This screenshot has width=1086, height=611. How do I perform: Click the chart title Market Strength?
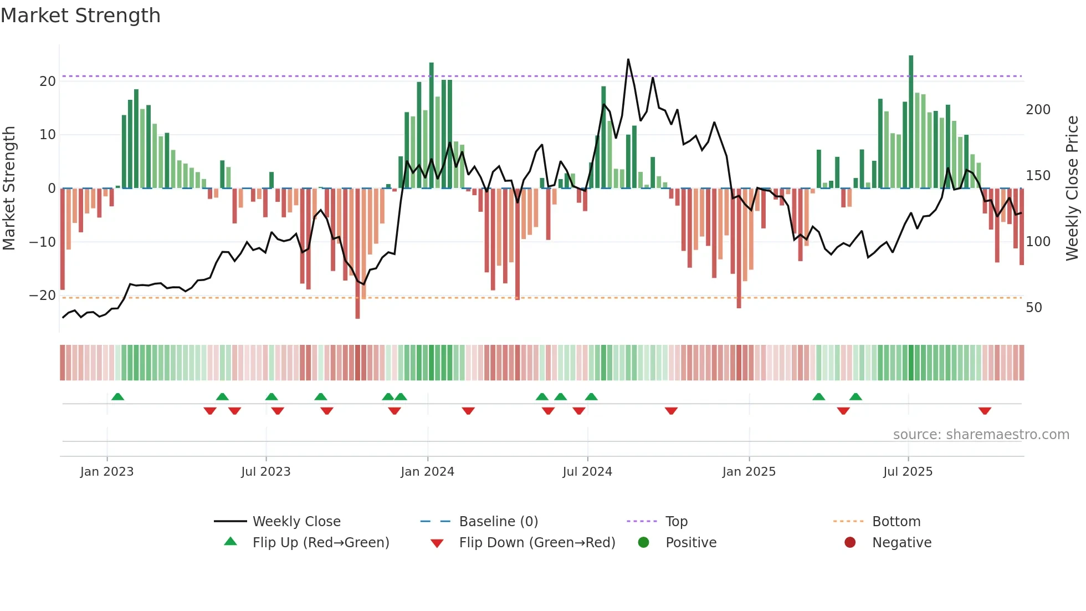click(x=80, y=16)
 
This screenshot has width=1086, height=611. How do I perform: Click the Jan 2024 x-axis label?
click(x=427, y=472)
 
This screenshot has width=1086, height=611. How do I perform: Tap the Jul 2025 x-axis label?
click(x=908, y=472)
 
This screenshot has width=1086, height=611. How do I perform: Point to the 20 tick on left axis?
click(x=48, y=82)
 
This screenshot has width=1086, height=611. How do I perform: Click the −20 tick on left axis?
click(x=43, y=296)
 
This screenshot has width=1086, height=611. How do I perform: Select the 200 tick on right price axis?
click(x=1038, y=110)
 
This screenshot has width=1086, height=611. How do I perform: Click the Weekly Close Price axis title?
click(x=1072, y=189)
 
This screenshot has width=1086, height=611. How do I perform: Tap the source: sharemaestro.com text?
click(x=981, y=435)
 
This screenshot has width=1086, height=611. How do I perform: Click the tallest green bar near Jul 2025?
click(x=911, y=122)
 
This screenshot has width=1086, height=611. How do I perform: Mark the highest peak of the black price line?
click(x=628, y=59)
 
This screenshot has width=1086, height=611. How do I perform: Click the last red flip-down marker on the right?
click(x=985, y=411)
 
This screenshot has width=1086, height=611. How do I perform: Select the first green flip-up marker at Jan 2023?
click(x=117, y=396)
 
